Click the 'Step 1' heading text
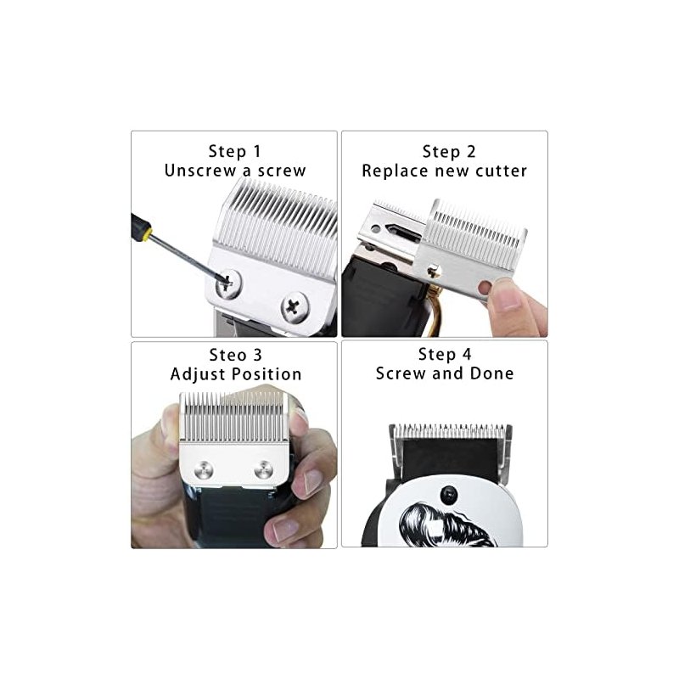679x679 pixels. (234, 152)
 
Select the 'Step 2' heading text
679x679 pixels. (449, 152)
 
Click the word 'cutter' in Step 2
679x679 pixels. (501, 171)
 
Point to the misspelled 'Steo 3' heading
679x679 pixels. (236, 355)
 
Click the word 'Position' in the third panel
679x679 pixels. (267, 374)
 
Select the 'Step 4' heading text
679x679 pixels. (444, 354)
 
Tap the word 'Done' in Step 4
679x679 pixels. (492, 373)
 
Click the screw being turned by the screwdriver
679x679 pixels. (228, 283)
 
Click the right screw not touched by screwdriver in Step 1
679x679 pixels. (295, 307)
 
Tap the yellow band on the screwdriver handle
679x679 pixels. (148, 234)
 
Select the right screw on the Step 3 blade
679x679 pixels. (263, 470)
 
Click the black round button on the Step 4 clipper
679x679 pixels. (449, 495)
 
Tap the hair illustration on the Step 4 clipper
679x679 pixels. (446, 525)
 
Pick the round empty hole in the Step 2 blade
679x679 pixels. (485, 287)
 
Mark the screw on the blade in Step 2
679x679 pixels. (435, 272)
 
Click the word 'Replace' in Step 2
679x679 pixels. (395, 171)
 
